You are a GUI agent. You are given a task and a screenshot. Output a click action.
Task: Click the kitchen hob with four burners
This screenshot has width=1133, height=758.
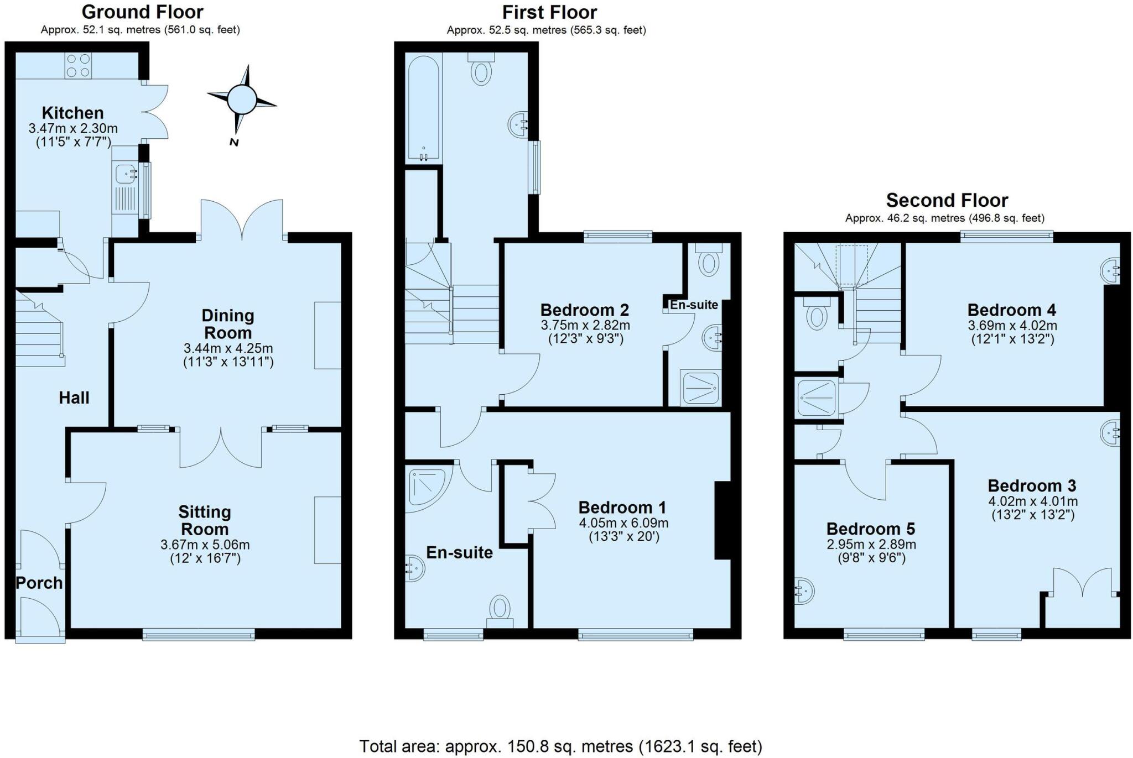click(78, 65)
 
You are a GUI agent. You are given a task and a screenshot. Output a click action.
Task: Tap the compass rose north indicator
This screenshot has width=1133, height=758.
click(242, 100)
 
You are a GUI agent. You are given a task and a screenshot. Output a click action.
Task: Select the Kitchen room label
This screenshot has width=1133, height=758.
click(72, 113)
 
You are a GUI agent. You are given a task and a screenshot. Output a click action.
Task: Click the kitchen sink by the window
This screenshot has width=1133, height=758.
click(126, 175)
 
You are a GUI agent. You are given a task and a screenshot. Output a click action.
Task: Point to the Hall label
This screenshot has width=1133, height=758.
click(74, 398)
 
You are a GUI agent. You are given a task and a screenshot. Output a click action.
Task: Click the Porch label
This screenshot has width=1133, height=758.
click(39, 583)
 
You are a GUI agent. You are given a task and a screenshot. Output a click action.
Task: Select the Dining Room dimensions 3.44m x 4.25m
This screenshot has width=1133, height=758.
click(228, 348)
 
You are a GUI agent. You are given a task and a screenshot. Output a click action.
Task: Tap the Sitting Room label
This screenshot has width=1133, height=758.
click(205, 520)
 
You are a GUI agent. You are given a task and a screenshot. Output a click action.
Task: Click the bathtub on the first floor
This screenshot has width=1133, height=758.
click(424, 108)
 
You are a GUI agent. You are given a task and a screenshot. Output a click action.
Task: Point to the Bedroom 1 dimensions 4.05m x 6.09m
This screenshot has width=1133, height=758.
click(623, 523)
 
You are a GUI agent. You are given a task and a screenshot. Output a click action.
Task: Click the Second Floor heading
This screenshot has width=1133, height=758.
click(947, 200)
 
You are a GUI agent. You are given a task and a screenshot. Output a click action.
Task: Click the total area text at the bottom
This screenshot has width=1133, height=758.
click(560, 746)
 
